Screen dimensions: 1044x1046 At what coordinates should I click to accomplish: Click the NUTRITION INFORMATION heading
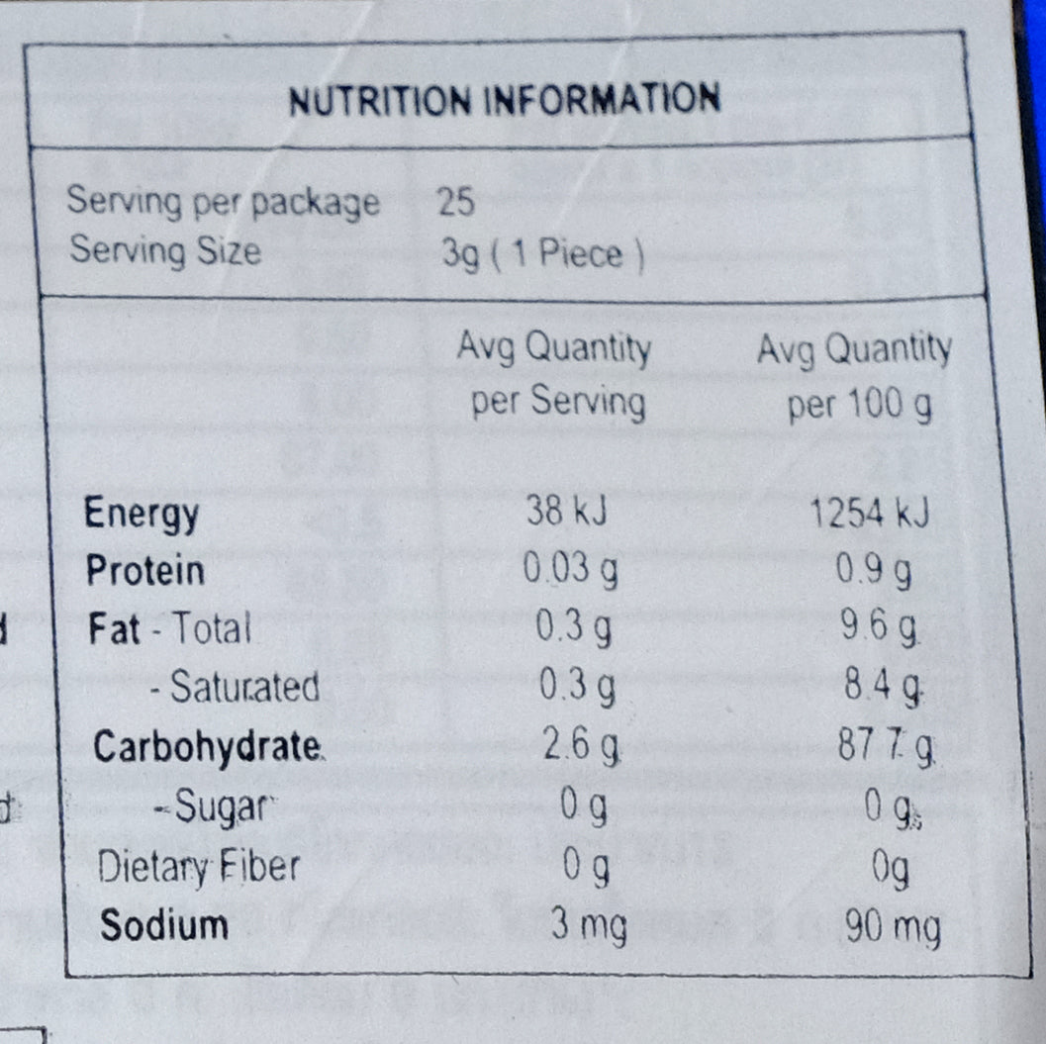pos(505,100)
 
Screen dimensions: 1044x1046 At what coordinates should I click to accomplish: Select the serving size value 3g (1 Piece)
pos(543,254)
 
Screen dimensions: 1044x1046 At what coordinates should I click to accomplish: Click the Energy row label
pos(142,514)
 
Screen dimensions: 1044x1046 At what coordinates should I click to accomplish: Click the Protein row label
pos(145,571)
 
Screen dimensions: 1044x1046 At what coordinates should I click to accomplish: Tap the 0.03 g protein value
pos(570,571)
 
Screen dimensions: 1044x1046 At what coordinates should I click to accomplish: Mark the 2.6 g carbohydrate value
pos(582,746)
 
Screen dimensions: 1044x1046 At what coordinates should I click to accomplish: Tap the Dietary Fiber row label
pos(198,867)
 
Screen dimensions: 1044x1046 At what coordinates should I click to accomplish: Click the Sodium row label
pos(164,925)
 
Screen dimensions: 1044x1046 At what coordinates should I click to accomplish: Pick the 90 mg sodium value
pos(890,928)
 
